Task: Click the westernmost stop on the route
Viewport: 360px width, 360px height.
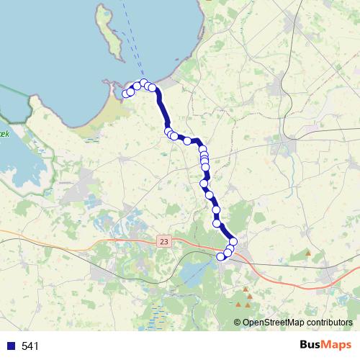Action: tap(126, 94)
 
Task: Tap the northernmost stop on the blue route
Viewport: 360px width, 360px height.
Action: tap(144, 83)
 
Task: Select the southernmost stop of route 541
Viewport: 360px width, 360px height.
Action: tap(221, 256)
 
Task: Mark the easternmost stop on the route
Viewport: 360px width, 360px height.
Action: tap(233, 241)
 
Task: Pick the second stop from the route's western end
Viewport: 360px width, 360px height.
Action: tap(130, 91)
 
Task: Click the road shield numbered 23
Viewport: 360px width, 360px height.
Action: tap(165, 242)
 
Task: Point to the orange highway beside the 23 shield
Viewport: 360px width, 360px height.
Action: tap(130, 240)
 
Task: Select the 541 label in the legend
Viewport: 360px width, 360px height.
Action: tap(30, 346)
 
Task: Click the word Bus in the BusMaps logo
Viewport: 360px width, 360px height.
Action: tap(312, 345)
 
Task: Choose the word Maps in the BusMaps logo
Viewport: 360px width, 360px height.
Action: tap(337, 345)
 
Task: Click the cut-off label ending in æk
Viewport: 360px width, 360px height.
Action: tap(4, 135)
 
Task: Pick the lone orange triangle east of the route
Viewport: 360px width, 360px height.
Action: tap(309, 253)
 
